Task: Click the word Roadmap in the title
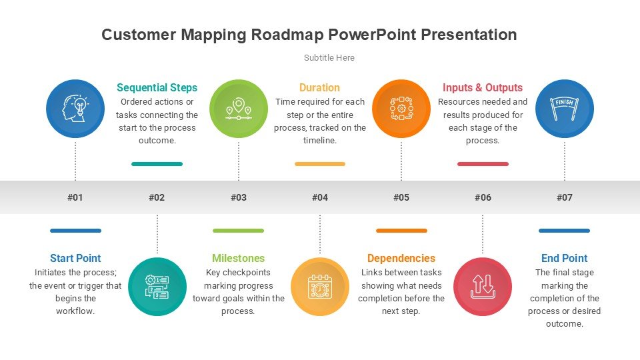(287, 35)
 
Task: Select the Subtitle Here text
(329, 57)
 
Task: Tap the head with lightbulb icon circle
(75, 109)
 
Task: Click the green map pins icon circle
(239, 109)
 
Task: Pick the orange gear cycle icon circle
(401, 109)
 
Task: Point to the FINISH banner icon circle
(565, 109)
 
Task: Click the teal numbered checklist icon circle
(157, 287)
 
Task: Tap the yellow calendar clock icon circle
(320, 287)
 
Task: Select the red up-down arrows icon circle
(483, 287)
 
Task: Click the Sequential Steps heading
(157, 88)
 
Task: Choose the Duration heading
(319, 88)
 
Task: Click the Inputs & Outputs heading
(483, 88)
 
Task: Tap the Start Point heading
(75, 259)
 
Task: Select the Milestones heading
(239, 259)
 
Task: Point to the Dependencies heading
(401, 259)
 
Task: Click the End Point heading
(565, 259)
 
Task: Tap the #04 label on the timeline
(320, 197)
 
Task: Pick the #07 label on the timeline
(565, 197)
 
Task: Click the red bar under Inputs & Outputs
(483, 164)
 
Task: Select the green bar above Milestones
(239, 231)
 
